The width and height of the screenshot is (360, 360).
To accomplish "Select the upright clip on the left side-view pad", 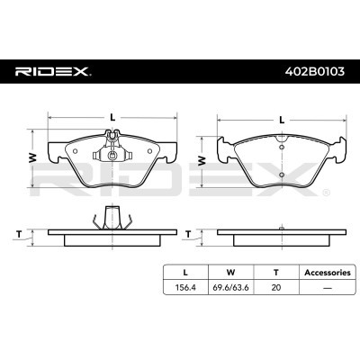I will tap(111, 217).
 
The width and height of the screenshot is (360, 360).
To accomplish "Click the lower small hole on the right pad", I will tap(282, 173).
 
